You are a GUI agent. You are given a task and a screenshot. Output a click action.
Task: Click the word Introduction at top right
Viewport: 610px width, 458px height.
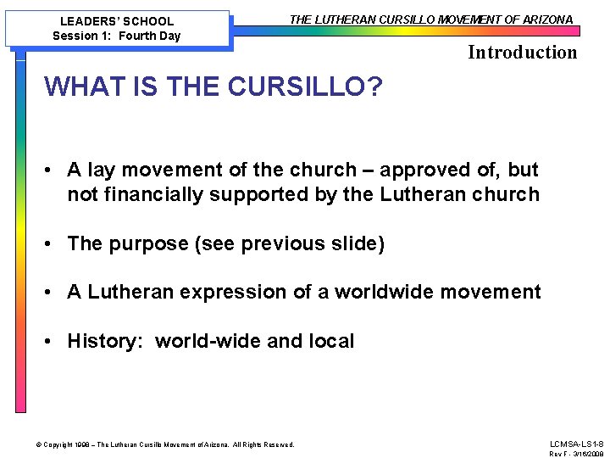click(x=522, y=53)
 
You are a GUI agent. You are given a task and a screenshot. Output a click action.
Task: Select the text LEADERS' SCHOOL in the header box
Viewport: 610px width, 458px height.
click(x=117, y=21)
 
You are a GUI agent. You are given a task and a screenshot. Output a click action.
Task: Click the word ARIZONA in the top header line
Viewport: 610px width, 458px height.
click(x=546, y=20)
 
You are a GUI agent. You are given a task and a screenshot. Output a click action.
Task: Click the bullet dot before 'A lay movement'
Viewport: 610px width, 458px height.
click(x=51, y=170)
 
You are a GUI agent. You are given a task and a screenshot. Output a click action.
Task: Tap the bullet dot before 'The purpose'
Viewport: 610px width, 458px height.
click(x=51, y=244)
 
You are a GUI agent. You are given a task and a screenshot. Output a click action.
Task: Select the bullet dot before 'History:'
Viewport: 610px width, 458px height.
click(x=51, y=342)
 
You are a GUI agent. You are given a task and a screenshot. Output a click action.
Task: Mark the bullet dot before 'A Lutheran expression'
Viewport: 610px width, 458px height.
click(x=51, y=293)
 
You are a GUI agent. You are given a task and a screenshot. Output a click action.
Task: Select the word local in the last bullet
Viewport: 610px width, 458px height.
click(x=329, y=342)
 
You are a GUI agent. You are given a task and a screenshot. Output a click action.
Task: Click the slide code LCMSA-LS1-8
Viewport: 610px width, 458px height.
click(x=576, y=444)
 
